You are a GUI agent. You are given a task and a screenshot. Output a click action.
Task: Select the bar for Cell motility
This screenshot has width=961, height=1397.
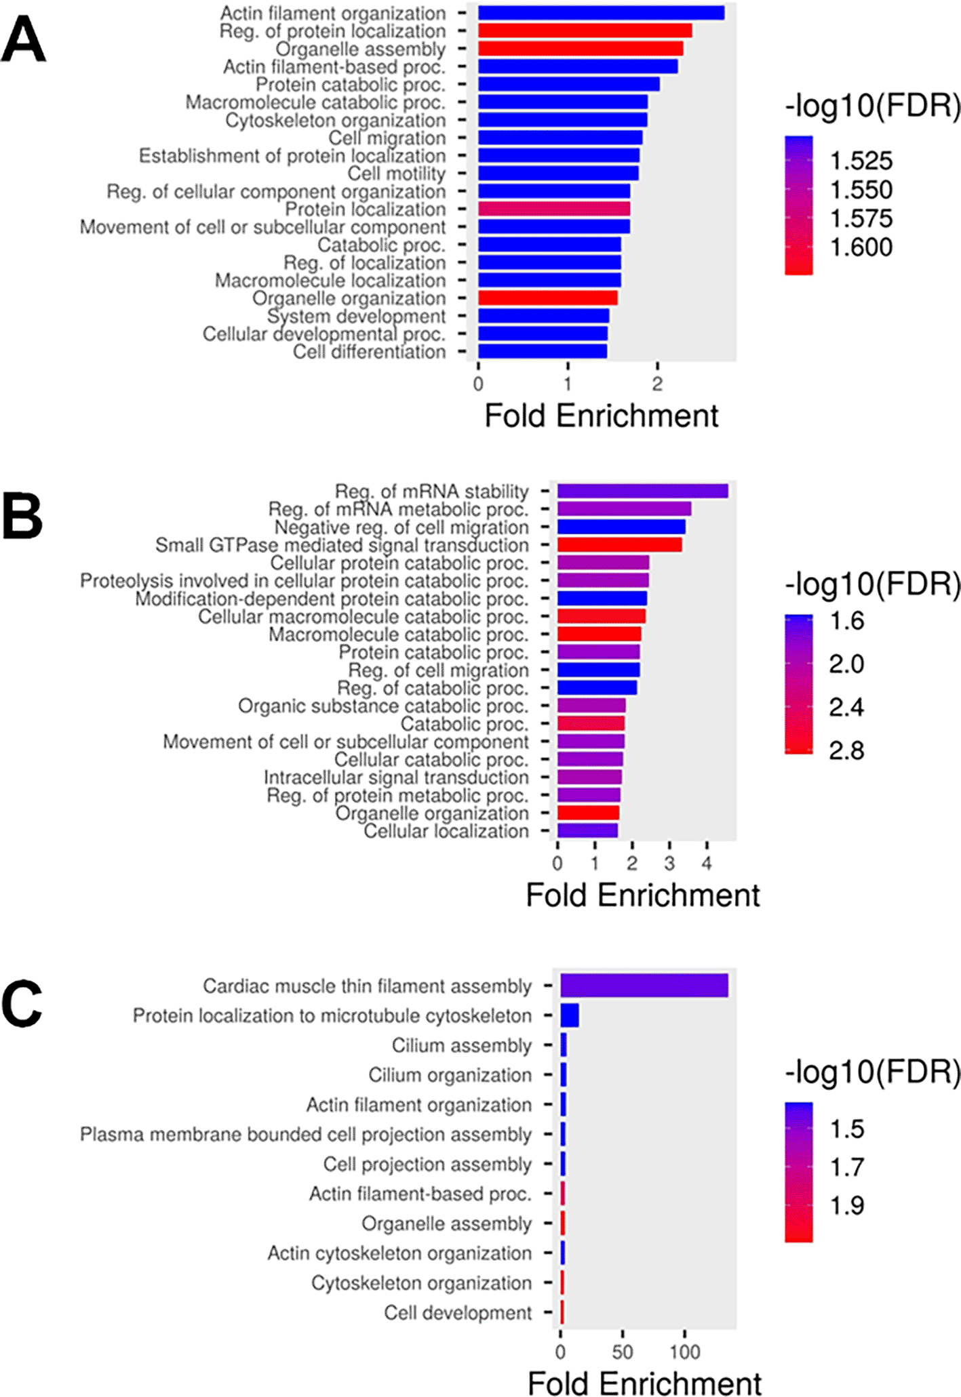click(x=558, y=174)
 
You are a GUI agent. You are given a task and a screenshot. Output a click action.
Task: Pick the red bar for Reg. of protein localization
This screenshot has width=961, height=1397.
click(x=585, y=31)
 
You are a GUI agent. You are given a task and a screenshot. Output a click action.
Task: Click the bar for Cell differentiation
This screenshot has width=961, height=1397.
click(x=543, y=351)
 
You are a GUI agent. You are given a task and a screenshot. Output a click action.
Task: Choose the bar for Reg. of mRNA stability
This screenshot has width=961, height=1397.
click(x=642, y=491)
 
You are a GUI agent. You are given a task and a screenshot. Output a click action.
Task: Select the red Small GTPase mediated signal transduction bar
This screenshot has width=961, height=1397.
click(x=619, y=545)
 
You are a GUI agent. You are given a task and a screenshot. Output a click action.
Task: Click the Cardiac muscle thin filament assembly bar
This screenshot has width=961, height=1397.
click(x=644, y=986)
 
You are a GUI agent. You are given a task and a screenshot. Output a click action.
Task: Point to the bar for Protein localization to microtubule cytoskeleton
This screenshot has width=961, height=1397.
click(x=569, y=1015)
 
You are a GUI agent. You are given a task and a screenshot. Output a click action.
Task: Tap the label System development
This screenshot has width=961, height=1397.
click(x=356, y=317)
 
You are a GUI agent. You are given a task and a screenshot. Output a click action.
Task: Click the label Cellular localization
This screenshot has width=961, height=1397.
click(x=446, y=831)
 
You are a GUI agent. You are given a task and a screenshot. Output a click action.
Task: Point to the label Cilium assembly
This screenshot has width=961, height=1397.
click(x=461, y=1045)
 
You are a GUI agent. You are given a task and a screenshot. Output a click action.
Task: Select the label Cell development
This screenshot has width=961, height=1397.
click(x=458, y=1312)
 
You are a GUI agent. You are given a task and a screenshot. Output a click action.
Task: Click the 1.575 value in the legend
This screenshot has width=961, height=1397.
click(x=861, y=218)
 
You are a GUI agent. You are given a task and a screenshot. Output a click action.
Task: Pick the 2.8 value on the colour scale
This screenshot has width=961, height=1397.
click(x=846, y=750)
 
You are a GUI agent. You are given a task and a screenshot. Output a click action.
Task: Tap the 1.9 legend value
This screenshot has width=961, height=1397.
click(x=847, y=1205)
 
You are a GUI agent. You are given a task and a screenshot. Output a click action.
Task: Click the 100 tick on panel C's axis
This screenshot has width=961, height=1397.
click(x=685, y=1352)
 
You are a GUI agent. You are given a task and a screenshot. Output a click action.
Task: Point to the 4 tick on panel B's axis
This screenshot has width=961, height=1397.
click(x=707, y=864)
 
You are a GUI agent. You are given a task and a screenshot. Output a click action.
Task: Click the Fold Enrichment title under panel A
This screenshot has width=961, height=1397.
click(x=601, y=416)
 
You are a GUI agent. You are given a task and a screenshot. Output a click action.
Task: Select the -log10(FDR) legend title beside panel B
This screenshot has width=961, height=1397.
click(x=872, y=584)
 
